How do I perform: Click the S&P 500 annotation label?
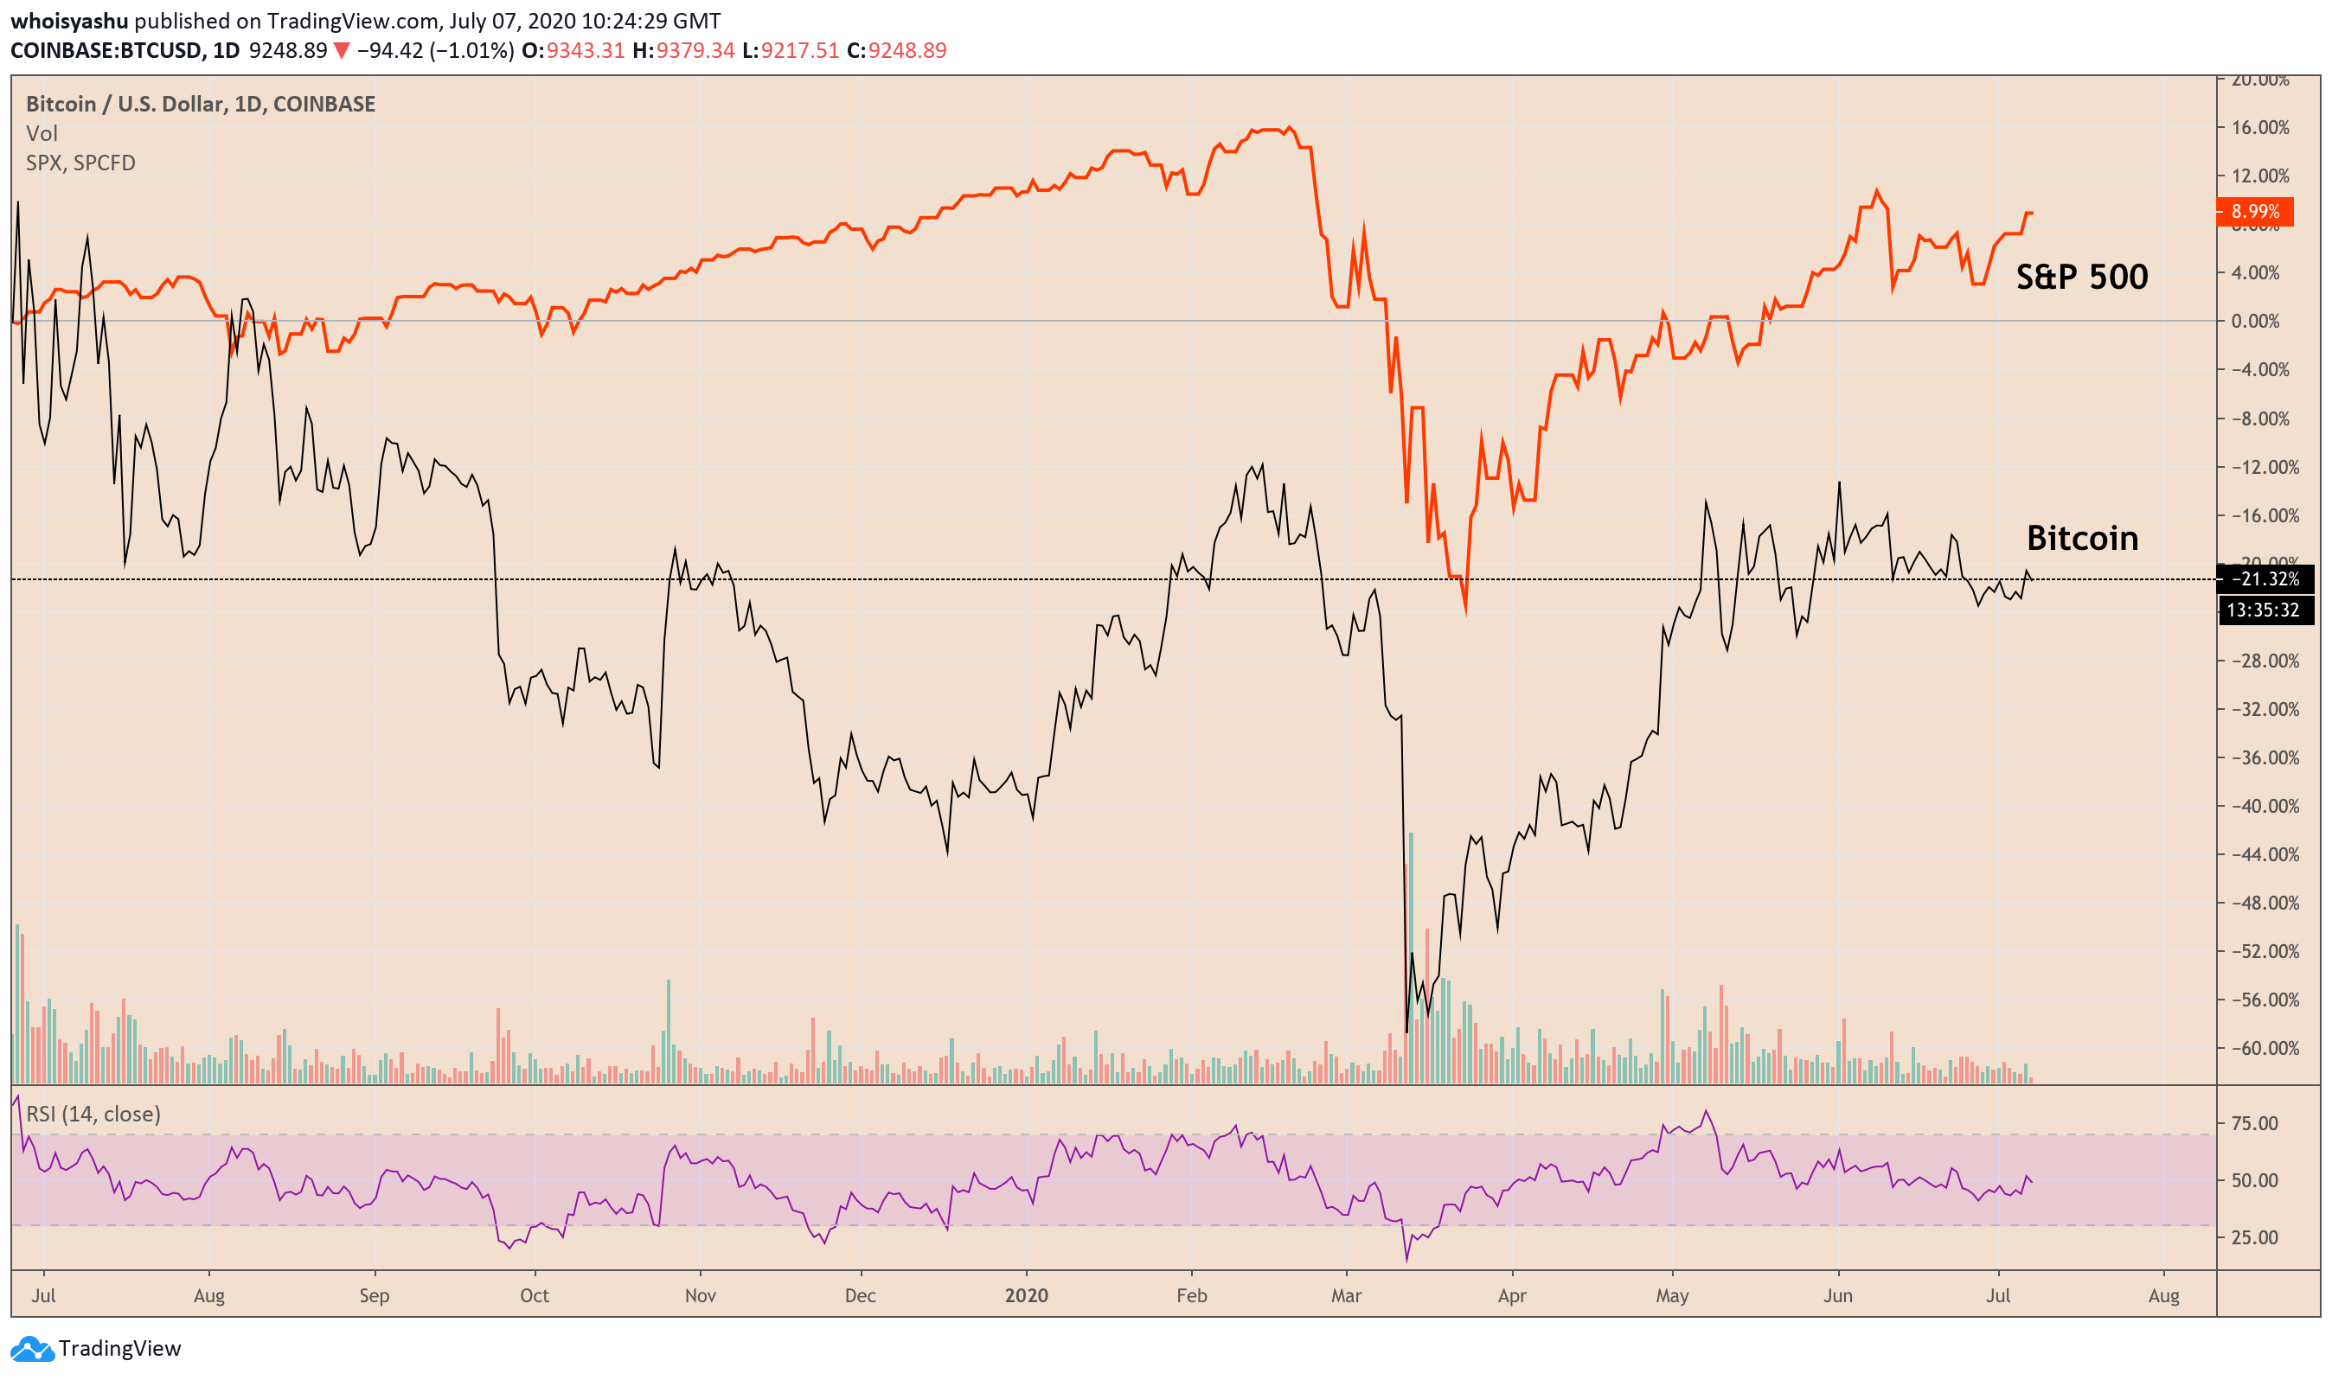point(2081,277)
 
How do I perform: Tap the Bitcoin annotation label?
point(2082,539)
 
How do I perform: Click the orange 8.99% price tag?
point(2254,212)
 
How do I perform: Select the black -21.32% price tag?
point(2265,579)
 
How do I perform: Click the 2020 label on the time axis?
point(1026,1295)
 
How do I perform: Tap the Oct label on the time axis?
point(534,1295)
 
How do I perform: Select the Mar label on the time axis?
point(1345,1295)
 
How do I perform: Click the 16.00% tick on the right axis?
point(2260,127)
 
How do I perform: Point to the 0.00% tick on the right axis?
point(2260,322)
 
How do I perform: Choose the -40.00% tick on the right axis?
point(2260,806)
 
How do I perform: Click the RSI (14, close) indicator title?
point(93,1114)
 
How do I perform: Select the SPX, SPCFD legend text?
point(81,163)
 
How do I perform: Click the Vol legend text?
point(42,134)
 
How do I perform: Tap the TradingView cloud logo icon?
point(32,1348)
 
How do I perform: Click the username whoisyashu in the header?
point(69,21)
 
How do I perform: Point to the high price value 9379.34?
point(695,50)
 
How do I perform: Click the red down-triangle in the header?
point(342,51)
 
